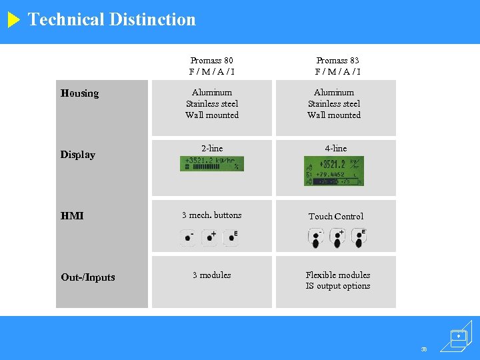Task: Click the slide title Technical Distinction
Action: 112,19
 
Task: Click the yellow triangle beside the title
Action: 14,20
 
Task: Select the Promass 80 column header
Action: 212,66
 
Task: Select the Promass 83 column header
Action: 337,66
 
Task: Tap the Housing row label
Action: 79,93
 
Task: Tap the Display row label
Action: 78,155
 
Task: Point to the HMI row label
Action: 72,216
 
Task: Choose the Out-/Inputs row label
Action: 88,277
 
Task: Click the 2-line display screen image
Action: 212,164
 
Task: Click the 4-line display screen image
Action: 334,171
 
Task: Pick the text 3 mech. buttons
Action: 212,215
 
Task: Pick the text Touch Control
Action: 336,217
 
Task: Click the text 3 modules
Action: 212,275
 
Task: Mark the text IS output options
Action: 338,287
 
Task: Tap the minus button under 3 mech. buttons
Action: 189,237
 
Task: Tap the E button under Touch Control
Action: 359,237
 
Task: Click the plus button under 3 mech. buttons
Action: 210,237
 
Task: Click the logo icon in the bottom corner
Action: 458,337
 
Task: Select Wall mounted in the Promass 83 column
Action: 334,115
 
